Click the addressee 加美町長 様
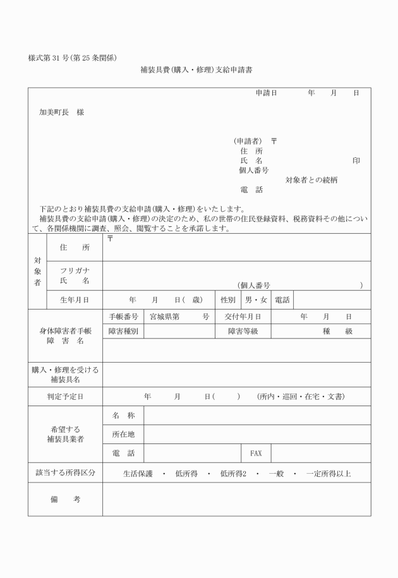tap(61, 112)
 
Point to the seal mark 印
tap(356, 160)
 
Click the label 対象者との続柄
tap(311, 179)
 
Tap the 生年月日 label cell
tap(75, 299)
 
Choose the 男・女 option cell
tap(256, 299)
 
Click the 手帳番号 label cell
tap(123, 316)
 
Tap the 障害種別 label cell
tap(123, 331)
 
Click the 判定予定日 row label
tap(65, 397)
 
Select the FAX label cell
tap(256, 453)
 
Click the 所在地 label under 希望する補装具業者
tap(123, 434)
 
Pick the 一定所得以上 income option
tap(329, 473)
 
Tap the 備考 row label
tap(65, 500)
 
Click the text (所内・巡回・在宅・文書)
tap(300, 397)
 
